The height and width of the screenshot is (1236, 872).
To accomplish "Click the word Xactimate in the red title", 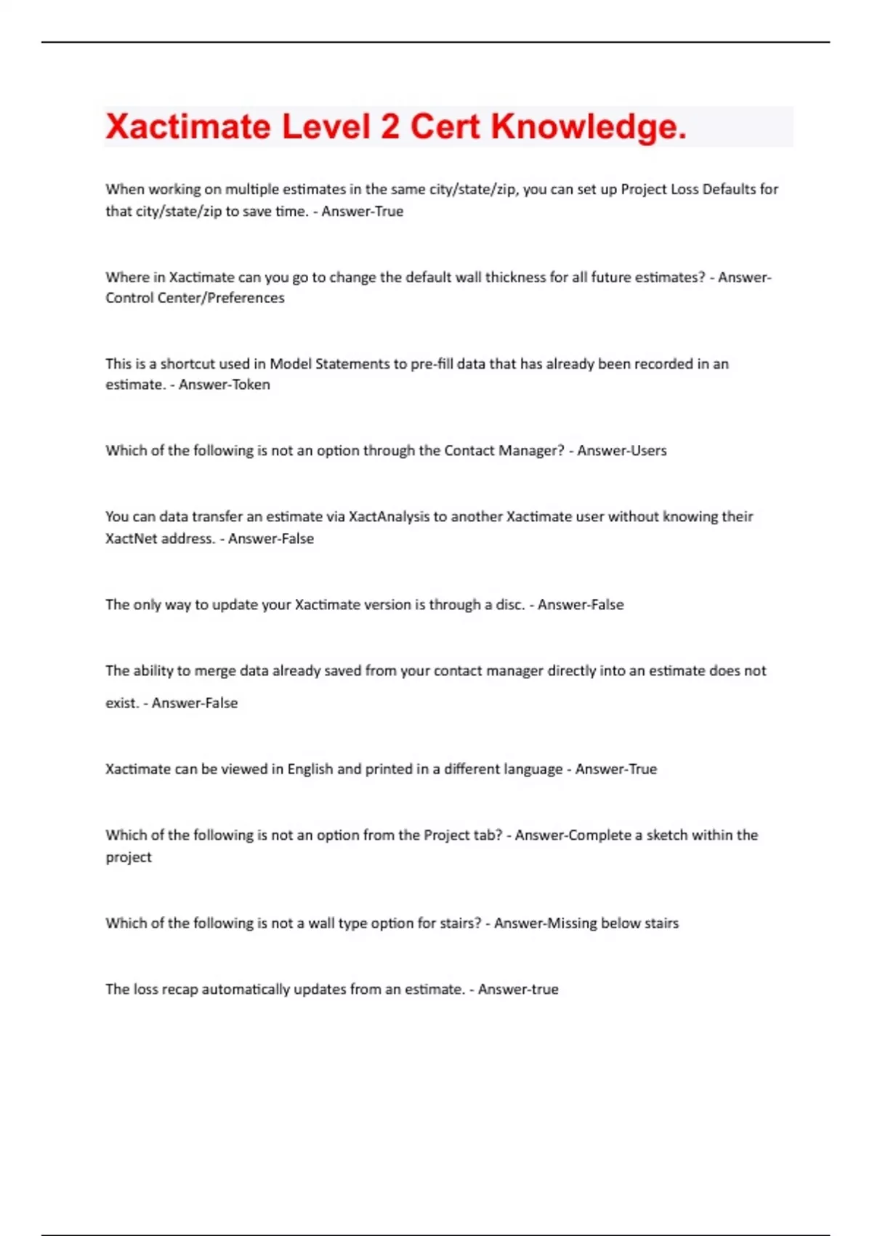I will click(x=187, y=127).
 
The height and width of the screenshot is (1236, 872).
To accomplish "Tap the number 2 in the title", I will click(x=389, y=127).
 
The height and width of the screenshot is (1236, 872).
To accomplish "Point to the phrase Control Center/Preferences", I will click(x=195, y=298).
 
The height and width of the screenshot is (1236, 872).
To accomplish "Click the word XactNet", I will click(x=132, y=539).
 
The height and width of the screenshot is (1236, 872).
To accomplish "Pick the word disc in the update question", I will click(x=509, y=605).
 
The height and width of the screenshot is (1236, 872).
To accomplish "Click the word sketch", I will click(x=666, y=835).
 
